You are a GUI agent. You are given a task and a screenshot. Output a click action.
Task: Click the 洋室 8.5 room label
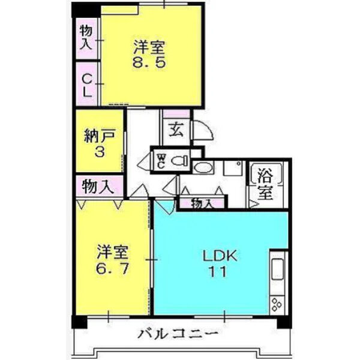149,54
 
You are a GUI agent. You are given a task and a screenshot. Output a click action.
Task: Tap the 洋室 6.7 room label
112,260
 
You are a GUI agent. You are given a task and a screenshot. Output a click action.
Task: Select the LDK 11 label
219,264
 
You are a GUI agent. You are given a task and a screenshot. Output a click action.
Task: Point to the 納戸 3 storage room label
100,143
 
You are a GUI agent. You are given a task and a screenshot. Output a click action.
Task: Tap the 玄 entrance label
176,130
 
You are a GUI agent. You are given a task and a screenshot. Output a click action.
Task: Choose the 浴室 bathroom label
265,184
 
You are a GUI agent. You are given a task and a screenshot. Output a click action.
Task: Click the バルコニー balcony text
178,334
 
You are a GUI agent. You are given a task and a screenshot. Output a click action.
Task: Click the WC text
161,161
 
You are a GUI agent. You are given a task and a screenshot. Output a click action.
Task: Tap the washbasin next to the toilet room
203,167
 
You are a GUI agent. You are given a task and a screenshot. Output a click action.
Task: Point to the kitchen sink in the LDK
277,269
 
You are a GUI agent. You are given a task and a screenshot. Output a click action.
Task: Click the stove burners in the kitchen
277,304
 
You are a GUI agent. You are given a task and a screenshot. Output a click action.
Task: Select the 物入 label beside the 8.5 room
86,37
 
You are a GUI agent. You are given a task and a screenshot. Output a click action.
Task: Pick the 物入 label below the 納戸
98,186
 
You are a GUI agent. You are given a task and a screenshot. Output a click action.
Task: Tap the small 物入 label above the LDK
202,203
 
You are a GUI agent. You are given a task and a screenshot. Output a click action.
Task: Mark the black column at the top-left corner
86,10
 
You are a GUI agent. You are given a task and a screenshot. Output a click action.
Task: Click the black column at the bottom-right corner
284,322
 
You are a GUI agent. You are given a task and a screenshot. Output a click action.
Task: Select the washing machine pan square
233,168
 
